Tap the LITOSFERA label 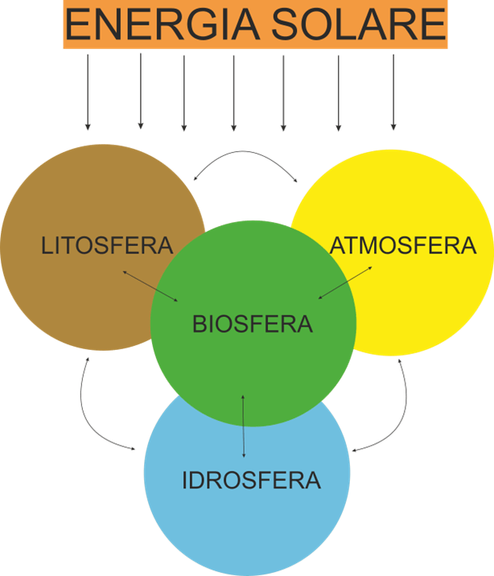point(107,245)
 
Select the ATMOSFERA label point(403,245)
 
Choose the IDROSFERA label point(251,481)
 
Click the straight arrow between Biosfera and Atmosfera point(345,282)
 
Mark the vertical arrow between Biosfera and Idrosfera point(244,426)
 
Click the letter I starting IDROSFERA point(186,481)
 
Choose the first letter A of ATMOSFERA point(339,245)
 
